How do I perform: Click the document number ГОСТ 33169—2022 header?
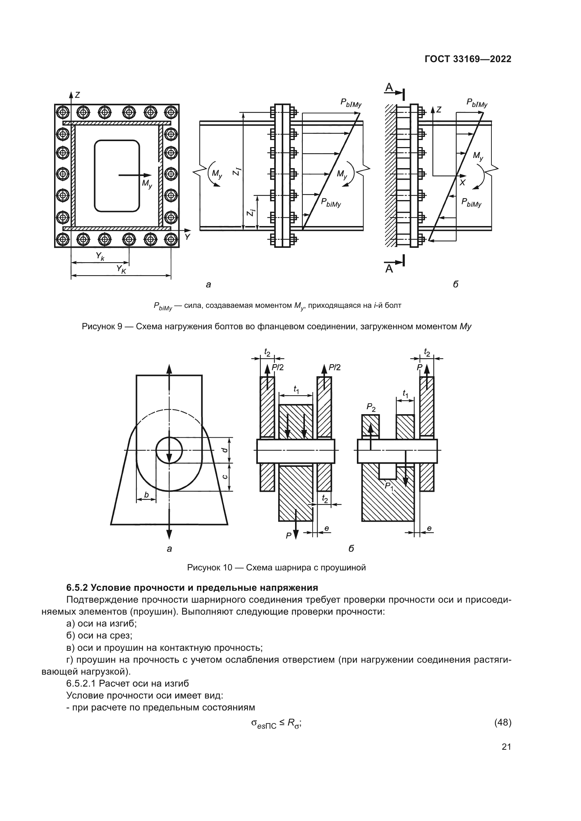coord(468,59)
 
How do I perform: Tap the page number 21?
coord(506,747)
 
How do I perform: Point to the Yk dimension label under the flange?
coord(100,256)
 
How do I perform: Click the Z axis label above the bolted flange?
coord(77,95)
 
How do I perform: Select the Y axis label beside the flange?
coord(187,237)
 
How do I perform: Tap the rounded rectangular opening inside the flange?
coord(117,176)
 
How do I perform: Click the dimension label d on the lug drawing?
coord(225,450)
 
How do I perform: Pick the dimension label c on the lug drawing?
coord(225,477)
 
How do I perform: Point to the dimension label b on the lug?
coord(146,495)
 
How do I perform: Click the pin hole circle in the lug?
coord(169,450)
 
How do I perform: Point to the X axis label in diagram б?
coord(462,183)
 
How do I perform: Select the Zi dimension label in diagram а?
coord(251,212)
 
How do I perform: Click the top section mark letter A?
coord(389,87)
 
